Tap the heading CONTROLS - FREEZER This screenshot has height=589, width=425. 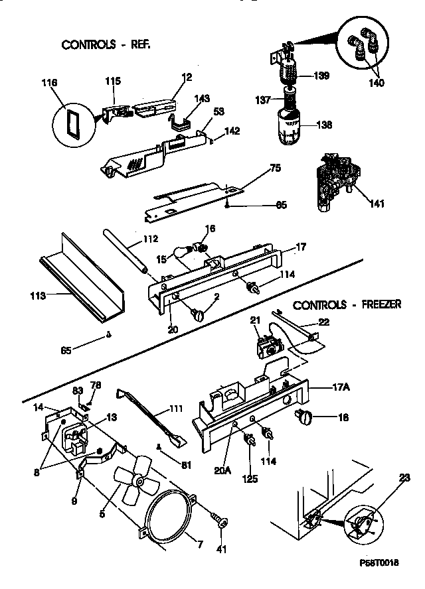click(x=347, y=305)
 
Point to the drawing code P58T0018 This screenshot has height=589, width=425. click(x=385, y=580)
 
